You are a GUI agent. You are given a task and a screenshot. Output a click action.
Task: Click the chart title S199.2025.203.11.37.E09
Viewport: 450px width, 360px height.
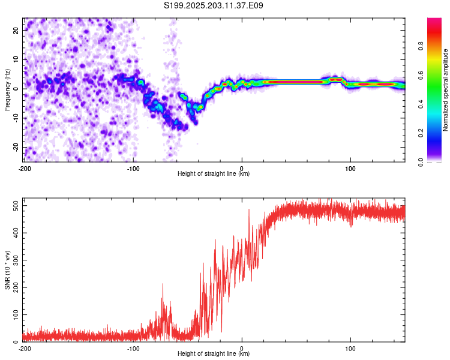click(x=213, y=5)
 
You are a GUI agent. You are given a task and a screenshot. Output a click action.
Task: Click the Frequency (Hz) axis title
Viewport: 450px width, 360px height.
click(x=7, y=90)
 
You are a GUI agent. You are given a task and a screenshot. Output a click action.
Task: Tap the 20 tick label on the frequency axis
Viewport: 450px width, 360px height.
click(x=16, y=30)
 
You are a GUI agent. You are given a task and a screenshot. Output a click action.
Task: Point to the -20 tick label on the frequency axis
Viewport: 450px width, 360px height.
click(x=16, y=147)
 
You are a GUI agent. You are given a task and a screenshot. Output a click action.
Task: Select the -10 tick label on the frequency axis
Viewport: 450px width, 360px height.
click(x=16, y=118)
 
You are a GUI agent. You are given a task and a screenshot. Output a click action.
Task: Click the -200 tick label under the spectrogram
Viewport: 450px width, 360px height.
click(x=25, y=169)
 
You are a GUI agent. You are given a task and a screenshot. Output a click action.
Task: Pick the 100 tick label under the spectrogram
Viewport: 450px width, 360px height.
click(x=350, y=169)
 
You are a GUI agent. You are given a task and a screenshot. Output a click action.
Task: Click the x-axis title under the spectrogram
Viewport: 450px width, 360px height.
click(x=214, y=173)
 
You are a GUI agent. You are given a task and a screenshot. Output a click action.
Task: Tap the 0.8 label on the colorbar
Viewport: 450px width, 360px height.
click(x=421, y=46)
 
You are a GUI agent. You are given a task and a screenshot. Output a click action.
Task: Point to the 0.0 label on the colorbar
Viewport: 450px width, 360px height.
click(x=421, y=162)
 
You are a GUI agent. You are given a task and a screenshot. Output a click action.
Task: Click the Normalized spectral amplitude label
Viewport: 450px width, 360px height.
click(x=445, y=90)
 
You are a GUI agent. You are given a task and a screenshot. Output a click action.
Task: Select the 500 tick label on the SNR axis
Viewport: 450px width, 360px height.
click(x=16, y=206)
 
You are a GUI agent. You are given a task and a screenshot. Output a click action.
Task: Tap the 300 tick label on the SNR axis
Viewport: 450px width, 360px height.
click(x=16, y=260)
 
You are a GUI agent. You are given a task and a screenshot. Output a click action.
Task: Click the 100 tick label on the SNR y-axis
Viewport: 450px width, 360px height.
click(x=16, y=314)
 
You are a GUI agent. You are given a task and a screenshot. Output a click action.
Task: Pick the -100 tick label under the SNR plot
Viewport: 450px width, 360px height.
click(x=133, y=349)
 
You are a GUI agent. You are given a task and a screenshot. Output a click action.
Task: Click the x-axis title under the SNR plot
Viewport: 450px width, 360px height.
click(x=214, y=353)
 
